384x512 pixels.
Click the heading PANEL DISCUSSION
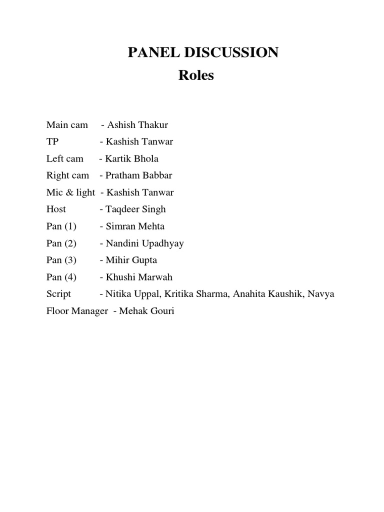click(x=203, y=52)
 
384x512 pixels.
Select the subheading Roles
click(x=196, y=75)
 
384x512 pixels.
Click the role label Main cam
click(x=67, y=124)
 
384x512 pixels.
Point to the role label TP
click(x=52, y=141)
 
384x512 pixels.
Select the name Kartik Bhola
click(x=131, y=158)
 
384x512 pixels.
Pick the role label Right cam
click(x=67, y=175)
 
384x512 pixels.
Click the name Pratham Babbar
click(x=138, y=175)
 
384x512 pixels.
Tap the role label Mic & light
click(x=70, y=192)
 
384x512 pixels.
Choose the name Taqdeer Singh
click(x=135, y=209)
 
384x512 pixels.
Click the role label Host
click(x=56, y=209)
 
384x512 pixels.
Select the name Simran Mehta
click(x=135, y=226)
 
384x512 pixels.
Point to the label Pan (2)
click(x=61, y=243)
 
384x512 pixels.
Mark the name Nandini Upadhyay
click(x=144, y=243)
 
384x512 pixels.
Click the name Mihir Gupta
click(x=131, y=260)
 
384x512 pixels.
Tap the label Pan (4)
click(x=61, y=277)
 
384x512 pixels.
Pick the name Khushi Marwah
click(x=139, y=277)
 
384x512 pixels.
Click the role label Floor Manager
click(x=77, y=311)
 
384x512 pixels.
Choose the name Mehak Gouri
click(x=146, y=311)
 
